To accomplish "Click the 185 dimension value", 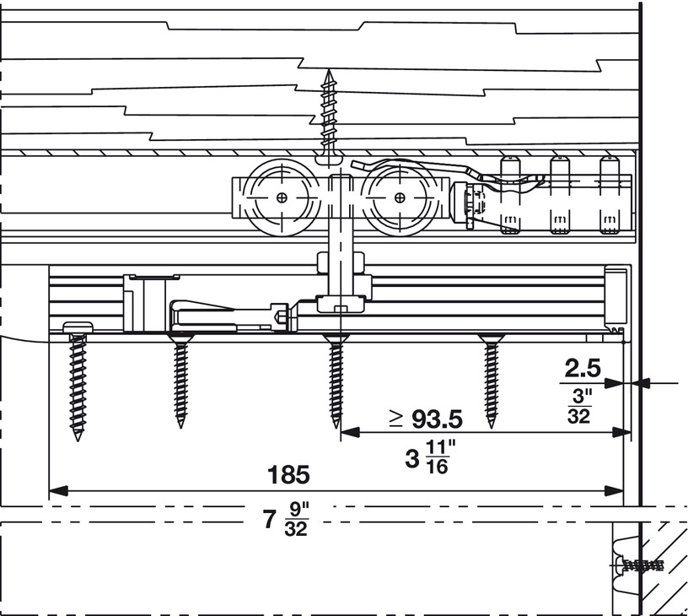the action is pyautogui.click(x=288, y=474).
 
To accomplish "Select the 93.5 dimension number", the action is pyautogui.click(x=437, y=419).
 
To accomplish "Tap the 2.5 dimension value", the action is pyautogui.click(x=583, y=369).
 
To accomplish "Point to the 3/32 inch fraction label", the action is pyautogui.click(x=579, y=407).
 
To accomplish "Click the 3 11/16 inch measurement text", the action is pyautogui.click(x=431, y=457).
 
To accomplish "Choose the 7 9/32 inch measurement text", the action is pyautogui.click(x=286, y=520).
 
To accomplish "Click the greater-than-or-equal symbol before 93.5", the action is pyautogui.click(x=396, y=419).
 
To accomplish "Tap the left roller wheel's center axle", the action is pyautogui.click(x=282, y=198).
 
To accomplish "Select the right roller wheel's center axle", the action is pyautogui.click(x=400, y=198).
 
